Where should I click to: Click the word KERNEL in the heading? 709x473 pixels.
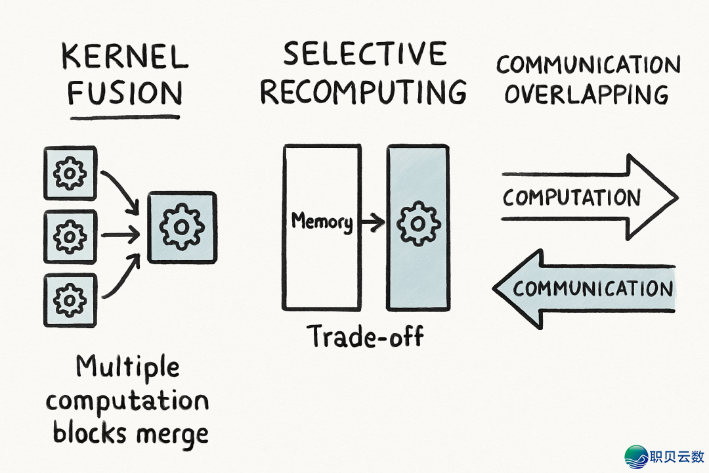125,57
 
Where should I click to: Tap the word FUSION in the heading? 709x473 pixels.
125,93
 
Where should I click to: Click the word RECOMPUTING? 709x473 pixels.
364,92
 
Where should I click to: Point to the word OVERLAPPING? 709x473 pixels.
586,95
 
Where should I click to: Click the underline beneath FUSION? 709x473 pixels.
125,118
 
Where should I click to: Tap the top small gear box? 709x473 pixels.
70,173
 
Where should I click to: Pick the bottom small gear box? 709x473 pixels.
70,300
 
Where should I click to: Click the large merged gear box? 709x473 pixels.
182,227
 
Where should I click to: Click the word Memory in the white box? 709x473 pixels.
321,221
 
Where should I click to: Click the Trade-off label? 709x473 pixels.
366,336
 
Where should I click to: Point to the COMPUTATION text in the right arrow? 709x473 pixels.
571,197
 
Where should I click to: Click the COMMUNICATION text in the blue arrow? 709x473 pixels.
593,288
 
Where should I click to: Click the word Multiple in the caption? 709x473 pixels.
128,367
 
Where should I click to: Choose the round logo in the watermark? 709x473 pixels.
636,456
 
